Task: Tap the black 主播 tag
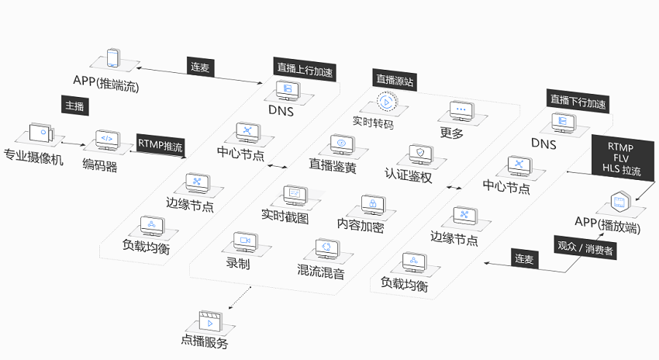pyautogui.click(x=74, y=106)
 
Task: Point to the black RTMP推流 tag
pyautogui.click(x=160, y=145)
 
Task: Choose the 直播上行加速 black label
pyautogui.click(x=304, y=67)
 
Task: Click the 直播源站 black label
pyautogui.click(x=394, y=78)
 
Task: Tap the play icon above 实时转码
pyautogui.click(x=386, y=101)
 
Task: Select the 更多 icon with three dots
pyautogui.click(x=461, y=109)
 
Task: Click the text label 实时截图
pyautogui.click(x=285, y=218)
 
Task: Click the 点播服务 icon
pyautogui.click(x=209, y=318)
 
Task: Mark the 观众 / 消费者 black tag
pyautogui.click(x=585, y=250)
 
